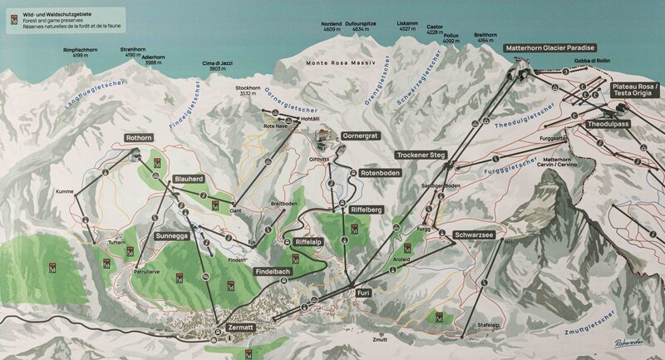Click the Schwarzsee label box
(x=475, y=235)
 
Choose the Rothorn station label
(x=139, y=137)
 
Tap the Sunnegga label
(x=172, y=236)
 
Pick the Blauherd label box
(x=190, y=179)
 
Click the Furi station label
(x=363, y=293)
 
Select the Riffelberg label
(x=366, y=210)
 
